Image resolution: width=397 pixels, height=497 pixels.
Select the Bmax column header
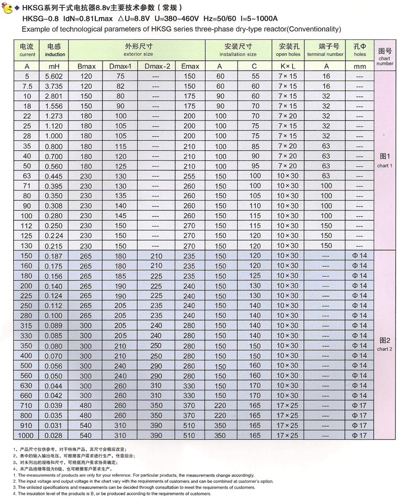[x=86, y=66]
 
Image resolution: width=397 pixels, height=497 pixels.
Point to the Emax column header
[x=190, y=66]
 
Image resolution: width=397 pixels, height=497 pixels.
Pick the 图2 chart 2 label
[x=384, y=343]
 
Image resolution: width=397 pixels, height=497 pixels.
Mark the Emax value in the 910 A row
[x=190, y=426]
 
